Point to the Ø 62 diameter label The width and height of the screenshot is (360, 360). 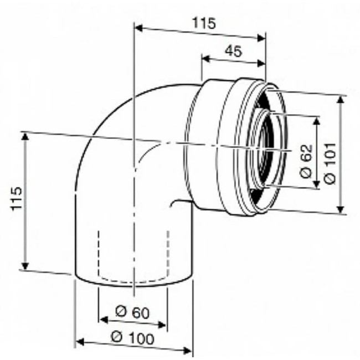pos(307,161)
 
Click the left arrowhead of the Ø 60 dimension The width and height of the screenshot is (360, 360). pos(102,320)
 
